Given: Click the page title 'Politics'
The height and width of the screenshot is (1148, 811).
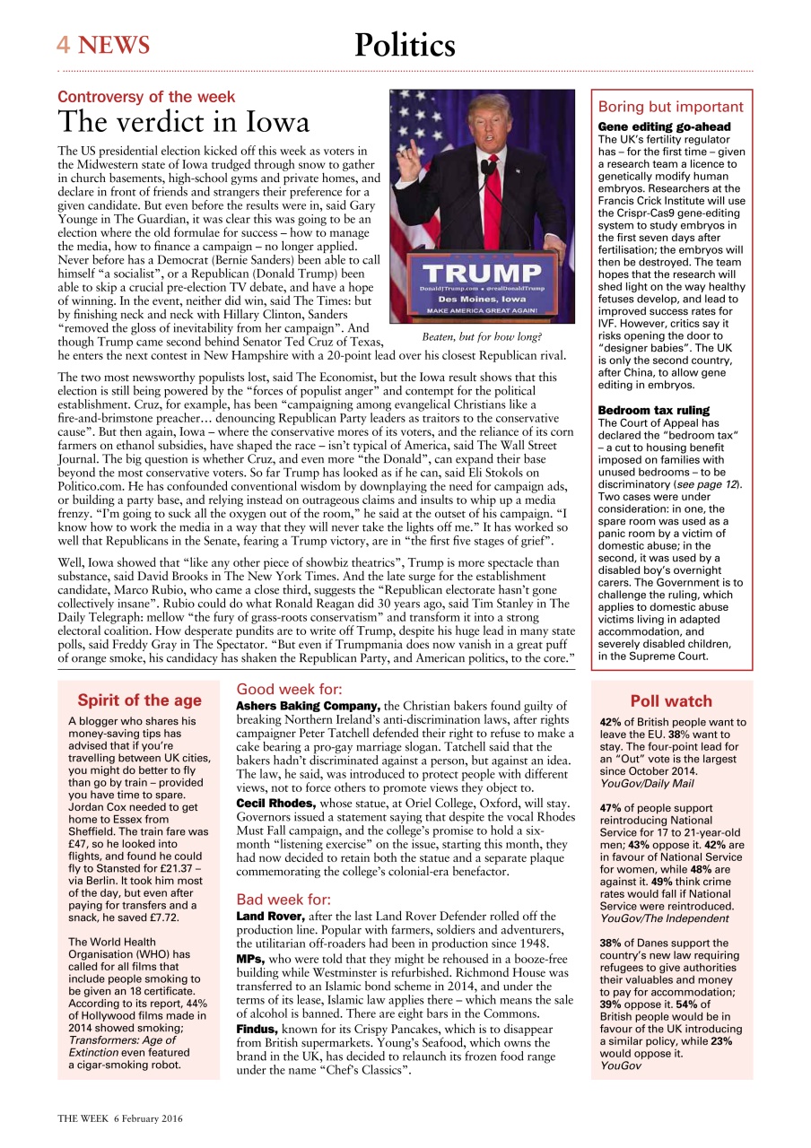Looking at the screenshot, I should point(405,45).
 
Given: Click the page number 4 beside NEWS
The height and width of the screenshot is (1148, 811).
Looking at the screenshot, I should point(64,46).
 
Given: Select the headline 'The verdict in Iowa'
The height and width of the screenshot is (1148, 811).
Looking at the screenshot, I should point(184,122).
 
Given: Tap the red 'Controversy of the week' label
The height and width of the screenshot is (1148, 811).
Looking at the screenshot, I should point(146,97).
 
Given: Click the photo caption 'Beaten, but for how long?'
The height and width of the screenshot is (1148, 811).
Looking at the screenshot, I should point(482,337).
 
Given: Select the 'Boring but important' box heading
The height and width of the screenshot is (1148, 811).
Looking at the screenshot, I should point(670,107).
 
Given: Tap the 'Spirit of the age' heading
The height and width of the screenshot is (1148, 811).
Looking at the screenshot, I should point(139,700).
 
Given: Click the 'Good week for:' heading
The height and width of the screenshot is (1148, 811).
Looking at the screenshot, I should point(289,690).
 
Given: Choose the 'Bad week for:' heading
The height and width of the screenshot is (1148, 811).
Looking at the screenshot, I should point(283,900).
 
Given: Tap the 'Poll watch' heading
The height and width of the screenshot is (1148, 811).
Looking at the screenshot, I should point(671,701).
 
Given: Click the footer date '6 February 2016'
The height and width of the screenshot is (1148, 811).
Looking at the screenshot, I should point(146,1118).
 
